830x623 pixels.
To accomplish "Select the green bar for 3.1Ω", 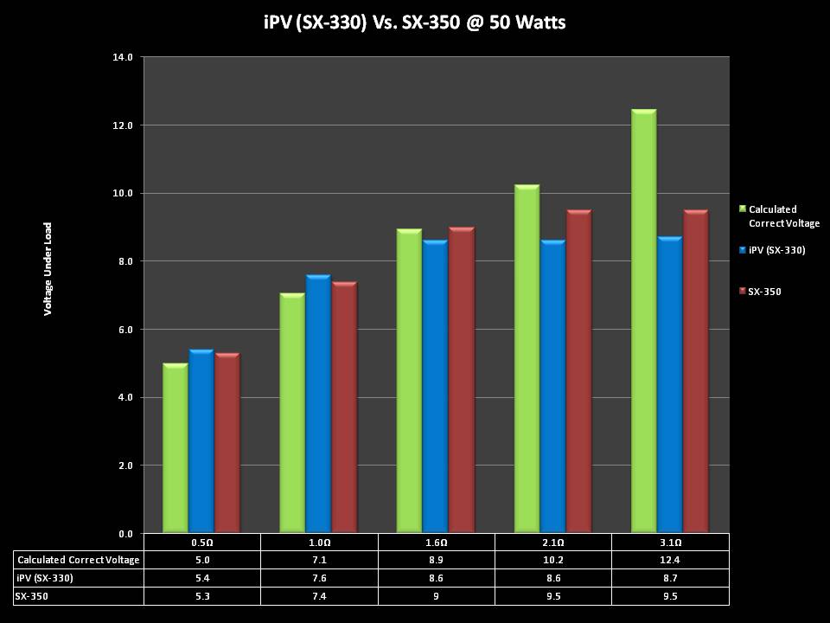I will [x=643, y=320].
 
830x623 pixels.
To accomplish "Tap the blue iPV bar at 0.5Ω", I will [x=201, y=441].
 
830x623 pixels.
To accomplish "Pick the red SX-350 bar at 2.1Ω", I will [x=578, y=371].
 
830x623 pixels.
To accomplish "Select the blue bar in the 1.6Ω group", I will [x=435, y=386].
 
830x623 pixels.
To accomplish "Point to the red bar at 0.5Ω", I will [x=227, y=443].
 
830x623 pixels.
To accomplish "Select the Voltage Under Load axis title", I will [x=48, y=268].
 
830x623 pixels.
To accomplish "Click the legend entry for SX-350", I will [x=764, y=292].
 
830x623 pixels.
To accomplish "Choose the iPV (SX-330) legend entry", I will [x=776, y=250].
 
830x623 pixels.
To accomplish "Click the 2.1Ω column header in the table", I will [x=553, y=543].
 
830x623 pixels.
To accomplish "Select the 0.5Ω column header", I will [x=201, y=543].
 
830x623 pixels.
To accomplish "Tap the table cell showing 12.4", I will [x=670, y=560].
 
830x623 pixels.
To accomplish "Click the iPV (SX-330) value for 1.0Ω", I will [x=319, y=578].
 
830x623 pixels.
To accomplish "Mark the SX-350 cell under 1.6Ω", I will [x=436, y=596].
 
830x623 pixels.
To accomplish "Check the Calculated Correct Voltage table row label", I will [x=78, y=560].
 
